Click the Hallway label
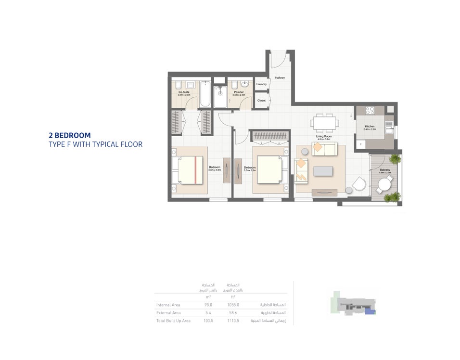click(x=280, y=77)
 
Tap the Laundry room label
click(x=261, y=84)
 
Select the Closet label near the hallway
click(x=261, y=101)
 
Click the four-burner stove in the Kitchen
click(x=370, y=110)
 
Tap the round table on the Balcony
click(x=385, y=184)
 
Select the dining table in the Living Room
click(x=323, y=122)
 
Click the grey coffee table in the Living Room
click(x=322, y=171)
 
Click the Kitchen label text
click(x=370, y=127)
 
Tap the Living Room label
click(x=323, y=137)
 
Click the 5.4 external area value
click(x=208, y=313)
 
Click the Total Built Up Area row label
click(x=173, y=321)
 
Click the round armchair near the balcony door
click(x=358, y=184)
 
